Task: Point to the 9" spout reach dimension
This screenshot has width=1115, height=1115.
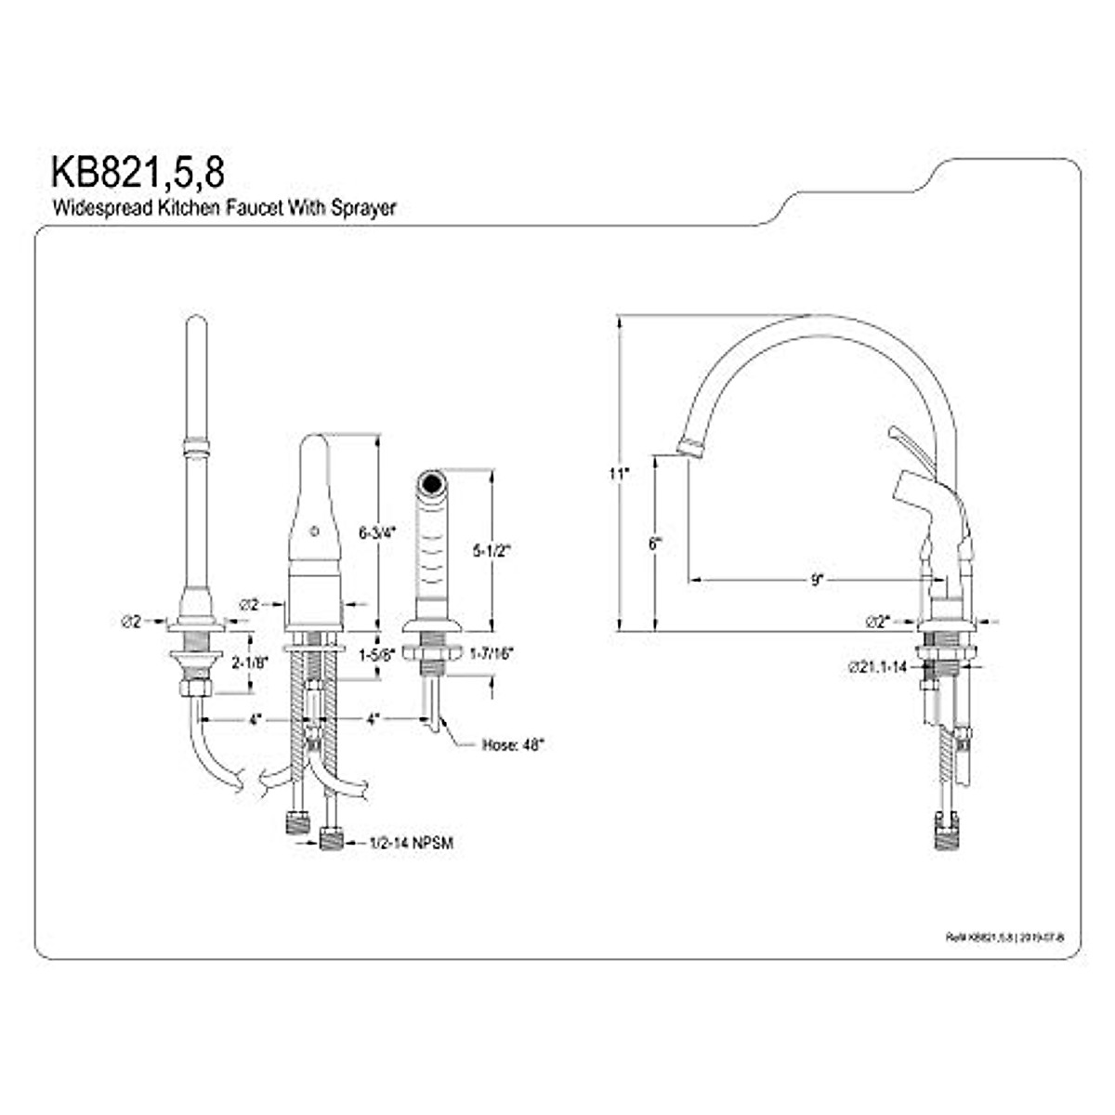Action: click(x=816, y=580)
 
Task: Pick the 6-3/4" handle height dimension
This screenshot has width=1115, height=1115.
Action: click(x=377, y=533)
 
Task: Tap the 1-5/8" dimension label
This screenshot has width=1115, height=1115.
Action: click(x=377, y=653)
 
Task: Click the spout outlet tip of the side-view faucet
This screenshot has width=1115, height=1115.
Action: click(x=690, y=450)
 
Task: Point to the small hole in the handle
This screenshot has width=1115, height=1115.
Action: click(x=313, y=533)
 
